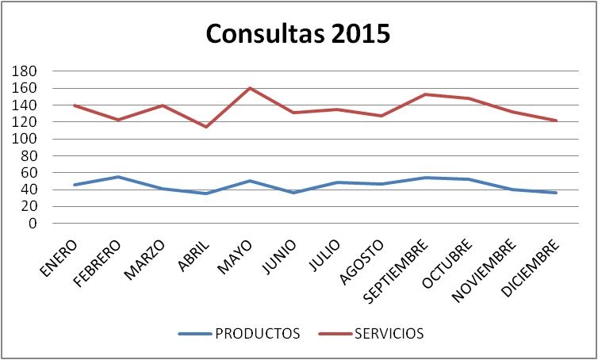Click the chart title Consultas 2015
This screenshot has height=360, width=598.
298,34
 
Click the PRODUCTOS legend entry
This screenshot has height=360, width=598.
257,334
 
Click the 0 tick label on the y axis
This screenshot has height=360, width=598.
33,224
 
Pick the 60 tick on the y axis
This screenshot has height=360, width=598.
30,173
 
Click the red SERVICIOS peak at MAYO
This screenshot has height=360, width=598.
250,88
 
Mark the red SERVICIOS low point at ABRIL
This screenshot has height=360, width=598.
205,127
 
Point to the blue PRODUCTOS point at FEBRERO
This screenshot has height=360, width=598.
118,177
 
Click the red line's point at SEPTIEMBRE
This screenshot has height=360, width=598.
426,94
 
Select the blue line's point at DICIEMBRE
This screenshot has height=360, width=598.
557,193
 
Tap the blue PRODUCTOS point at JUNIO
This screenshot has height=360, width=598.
293,193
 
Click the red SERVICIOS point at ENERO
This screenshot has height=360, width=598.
75,105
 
